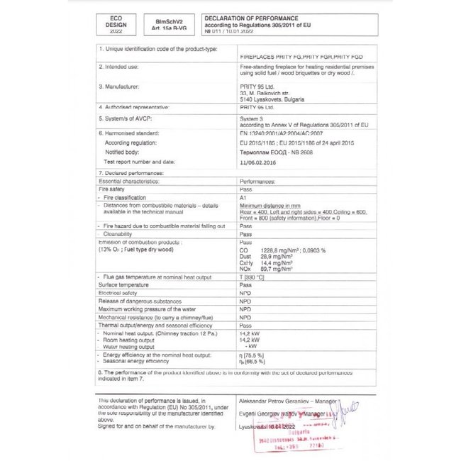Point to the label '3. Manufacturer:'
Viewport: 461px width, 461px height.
(x=123, y=85)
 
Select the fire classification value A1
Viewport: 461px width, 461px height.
(x=245, y=198)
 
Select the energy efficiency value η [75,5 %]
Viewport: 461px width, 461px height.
(x=255, y=354)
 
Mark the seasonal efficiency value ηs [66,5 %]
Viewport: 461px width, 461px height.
(x=255, y=361)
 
